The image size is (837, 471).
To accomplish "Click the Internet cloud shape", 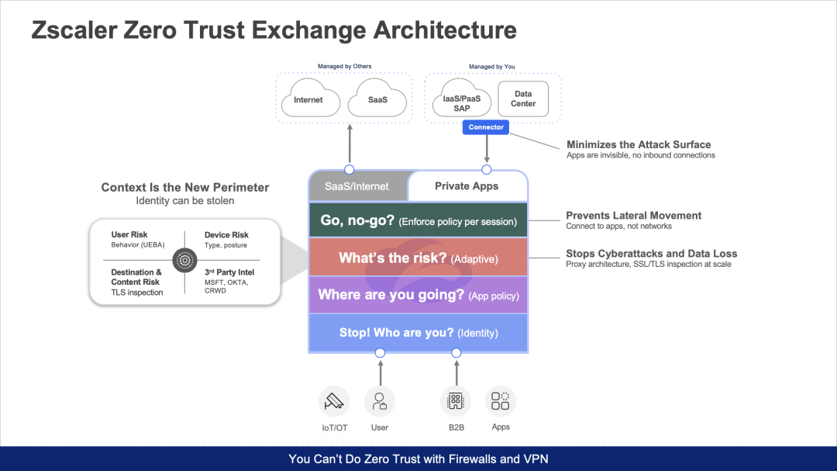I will [x=308, y=100].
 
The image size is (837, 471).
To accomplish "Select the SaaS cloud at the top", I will [x=377, y=100].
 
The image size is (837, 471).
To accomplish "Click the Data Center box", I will [x=523, y=99].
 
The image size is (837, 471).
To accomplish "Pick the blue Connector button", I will [x=486, y=127].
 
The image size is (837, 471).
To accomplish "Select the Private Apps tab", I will [x=467, y=186].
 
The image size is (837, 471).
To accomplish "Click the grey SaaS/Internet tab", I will [x=358, y=186].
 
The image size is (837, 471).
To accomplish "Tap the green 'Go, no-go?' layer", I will [x=418, y=221].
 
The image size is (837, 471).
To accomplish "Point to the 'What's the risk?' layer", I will [x=418, y=258].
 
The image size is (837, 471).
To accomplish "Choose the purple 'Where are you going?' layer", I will [x=418, y=296].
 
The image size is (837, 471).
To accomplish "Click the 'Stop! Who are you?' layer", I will [x=418, y=333].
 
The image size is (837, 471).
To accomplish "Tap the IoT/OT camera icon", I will [x=334, y=401].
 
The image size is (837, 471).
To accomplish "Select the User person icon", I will [x=380, y=401].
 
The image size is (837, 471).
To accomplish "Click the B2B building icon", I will [x=456, y=401].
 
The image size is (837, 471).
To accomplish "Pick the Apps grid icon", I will [x=501, y=400].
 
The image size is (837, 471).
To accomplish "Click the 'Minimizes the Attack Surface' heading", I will [x=639, y=144].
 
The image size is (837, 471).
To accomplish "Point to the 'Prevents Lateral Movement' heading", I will [x=633, y=216].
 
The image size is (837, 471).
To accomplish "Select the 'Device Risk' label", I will [x=226, y=235].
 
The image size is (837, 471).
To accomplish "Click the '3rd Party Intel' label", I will [x=229, y=272].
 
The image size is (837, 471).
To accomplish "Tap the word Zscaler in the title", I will [x=78, y=30].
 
